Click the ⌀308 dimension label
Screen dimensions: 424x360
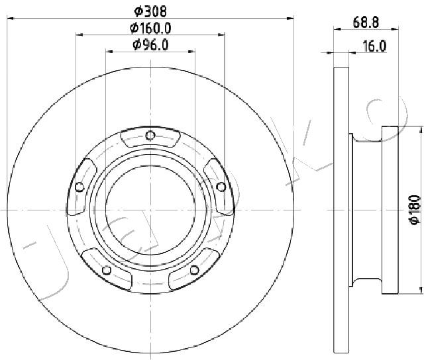(x=150, y=11)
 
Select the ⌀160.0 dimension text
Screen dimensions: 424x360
(x=150, y=28)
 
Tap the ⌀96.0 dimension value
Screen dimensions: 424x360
(x=150, y=44)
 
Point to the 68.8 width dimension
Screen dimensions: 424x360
(x=366, y=22)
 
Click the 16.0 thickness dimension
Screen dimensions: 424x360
(x=374, y=46)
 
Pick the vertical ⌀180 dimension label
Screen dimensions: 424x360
(x=415, y=209)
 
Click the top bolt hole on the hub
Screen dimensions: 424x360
(x=150, y=135)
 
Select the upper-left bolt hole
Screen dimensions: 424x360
(x=79, y=187)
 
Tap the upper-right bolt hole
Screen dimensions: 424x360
(x=221, y=187)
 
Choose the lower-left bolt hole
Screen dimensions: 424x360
(x=107, y=270)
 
